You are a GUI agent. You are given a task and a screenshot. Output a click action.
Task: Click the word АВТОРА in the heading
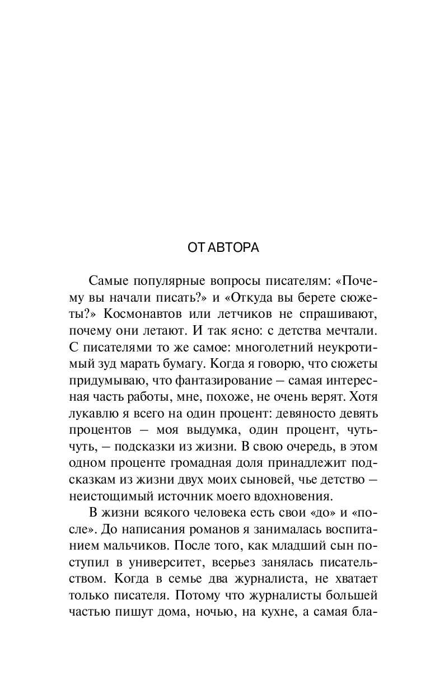tap(233, 247)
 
